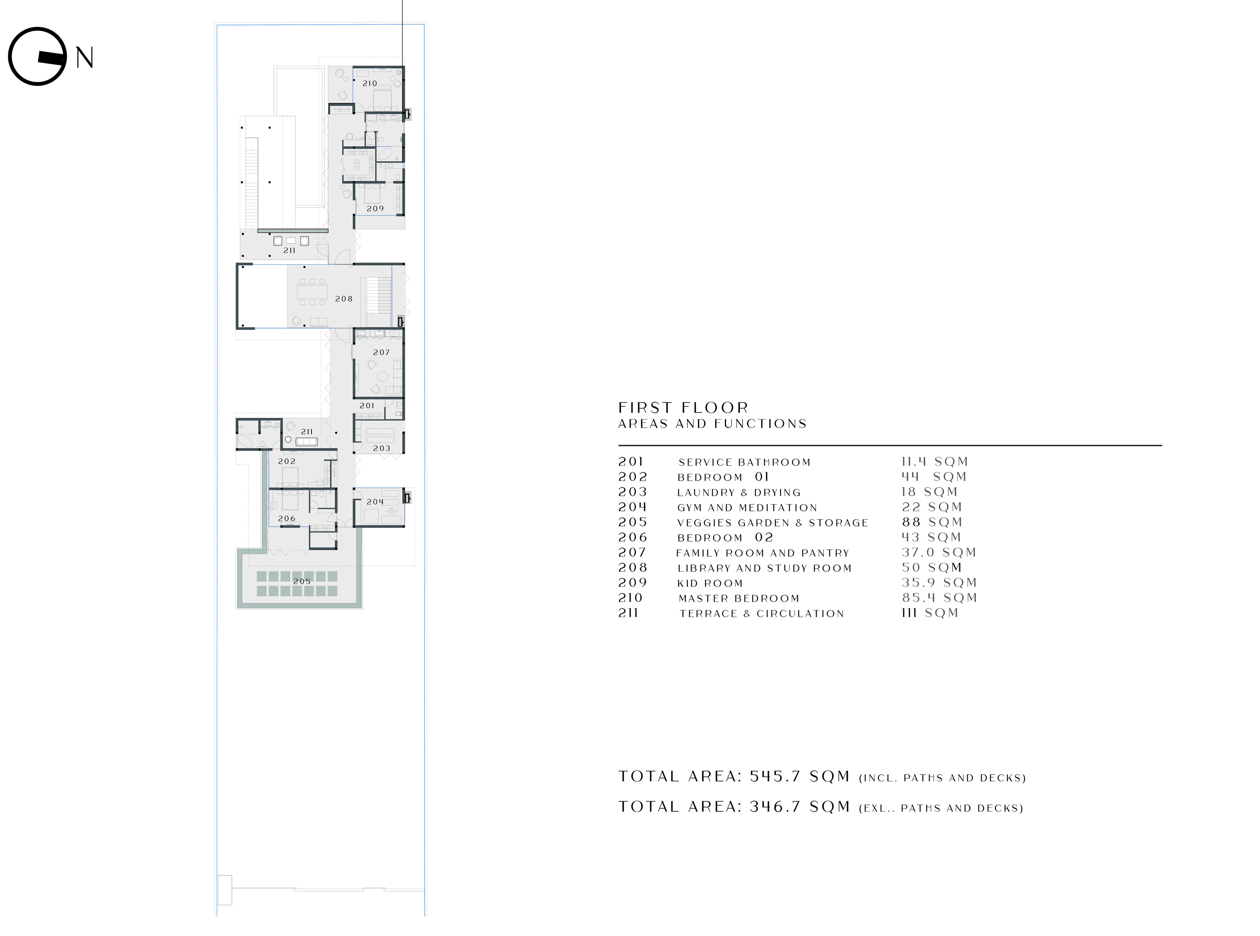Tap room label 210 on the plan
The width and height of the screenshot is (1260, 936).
tap(370, 83)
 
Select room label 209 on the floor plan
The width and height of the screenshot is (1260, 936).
tap(375, 208)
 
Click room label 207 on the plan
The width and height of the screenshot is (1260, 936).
tap(381, 352)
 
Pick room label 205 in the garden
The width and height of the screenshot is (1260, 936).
tap(302, 581)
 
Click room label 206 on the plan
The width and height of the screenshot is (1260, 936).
tap(287, 519)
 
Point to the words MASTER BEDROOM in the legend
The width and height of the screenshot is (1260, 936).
tap(739, 598)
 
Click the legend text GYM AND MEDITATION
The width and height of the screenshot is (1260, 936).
tap(747, 508)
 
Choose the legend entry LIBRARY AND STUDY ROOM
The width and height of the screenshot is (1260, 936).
tap(764, 568)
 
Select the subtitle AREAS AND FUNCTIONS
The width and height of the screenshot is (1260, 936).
tap(712, 424)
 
